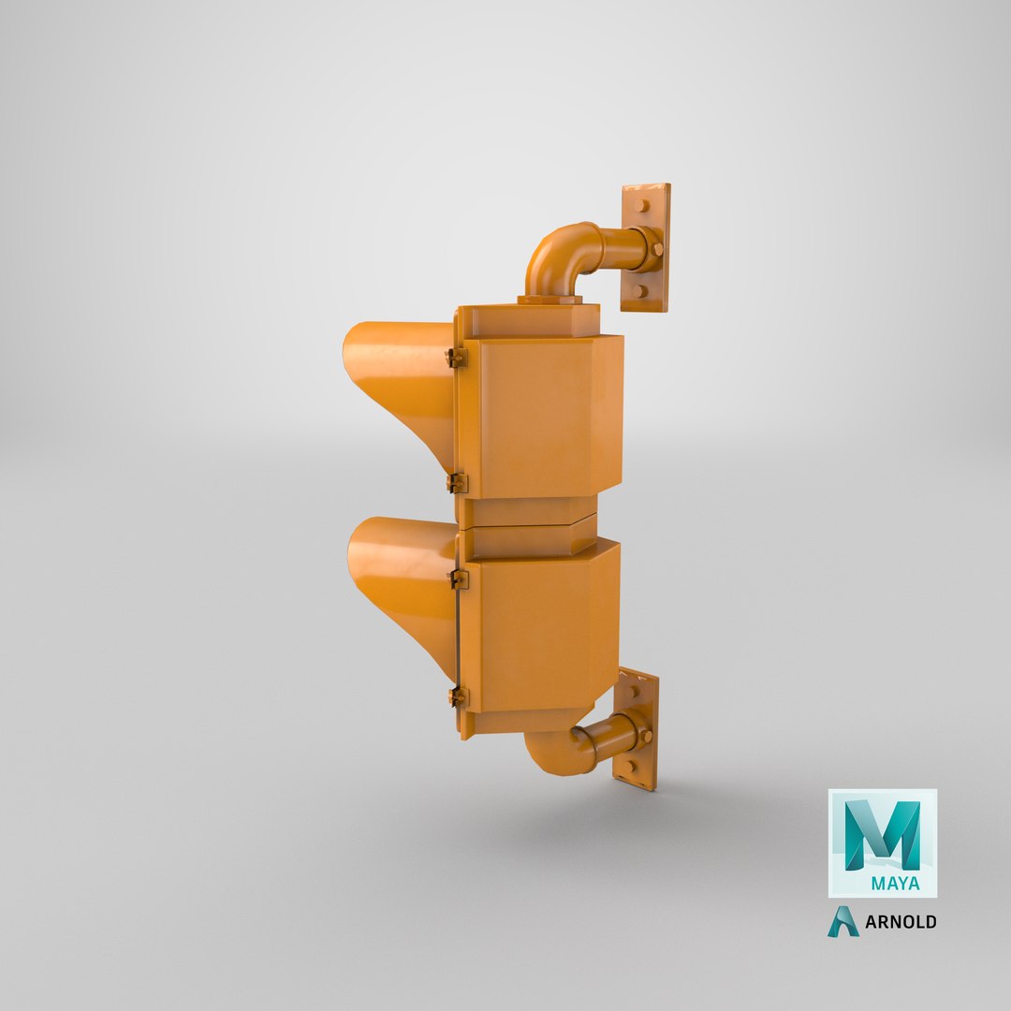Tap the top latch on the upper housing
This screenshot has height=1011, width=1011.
456,357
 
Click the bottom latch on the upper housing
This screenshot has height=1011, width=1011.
457,483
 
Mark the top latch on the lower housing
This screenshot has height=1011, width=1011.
459,579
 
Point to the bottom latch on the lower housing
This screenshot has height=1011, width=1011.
457,696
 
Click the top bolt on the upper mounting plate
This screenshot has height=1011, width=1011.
642,206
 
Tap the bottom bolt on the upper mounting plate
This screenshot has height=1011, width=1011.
639,291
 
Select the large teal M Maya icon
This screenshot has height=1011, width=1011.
882,834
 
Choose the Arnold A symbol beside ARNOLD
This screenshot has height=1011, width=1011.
842,921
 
